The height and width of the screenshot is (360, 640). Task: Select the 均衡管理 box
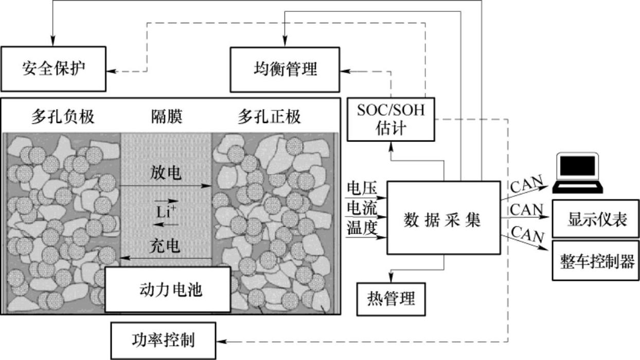click(x=285, y=68)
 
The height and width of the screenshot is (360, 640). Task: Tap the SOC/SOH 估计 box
click(x=390, y=119)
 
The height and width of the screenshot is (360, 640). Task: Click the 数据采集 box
click(x=443, y=218)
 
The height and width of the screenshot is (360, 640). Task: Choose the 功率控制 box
click(x=163, y=340)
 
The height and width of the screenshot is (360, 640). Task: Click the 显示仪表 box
click(x=596, y=220)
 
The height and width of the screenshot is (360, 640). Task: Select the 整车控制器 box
click(x=596, y=260)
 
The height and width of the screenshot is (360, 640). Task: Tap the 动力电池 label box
click(x=168, y=290)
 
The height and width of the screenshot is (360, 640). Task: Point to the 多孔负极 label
click(x=63, y=117)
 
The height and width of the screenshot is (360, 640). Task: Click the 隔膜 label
click(x=166, y=117)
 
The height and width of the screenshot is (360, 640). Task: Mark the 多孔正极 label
click(x=269, y=117)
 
